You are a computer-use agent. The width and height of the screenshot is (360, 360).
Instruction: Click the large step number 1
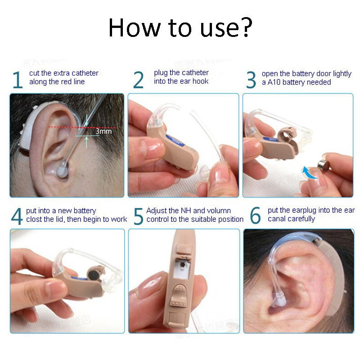click(x=17, y=79)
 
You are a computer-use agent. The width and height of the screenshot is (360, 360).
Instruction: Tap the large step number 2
click(x=139, y=79)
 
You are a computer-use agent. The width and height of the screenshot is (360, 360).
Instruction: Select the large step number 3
click(x=251, y=79)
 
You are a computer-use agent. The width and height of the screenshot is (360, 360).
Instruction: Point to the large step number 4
click(x=17, y=216)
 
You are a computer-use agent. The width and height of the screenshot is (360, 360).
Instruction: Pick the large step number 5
click(x=139, y=216)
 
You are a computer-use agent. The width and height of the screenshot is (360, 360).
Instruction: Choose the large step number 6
click(x=255, y=216)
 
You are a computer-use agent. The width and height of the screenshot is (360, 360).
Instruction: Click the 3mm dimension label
click(x=103, y=132)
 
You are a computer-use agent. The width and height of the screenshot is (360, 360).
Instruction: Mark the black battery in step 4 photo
click(x=94, y=273)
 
